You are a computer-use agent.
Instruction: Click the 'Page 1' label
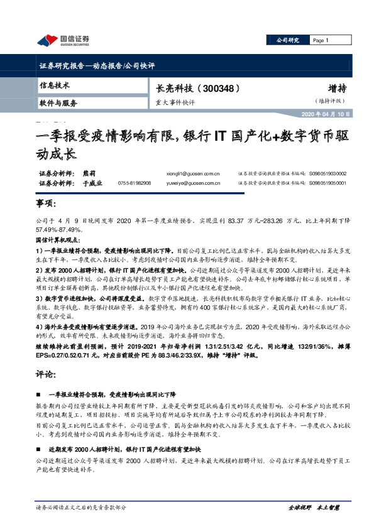321,40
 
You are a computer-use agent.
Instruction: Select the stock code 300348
217,88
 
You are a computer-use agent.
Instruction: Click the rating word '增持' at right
337,88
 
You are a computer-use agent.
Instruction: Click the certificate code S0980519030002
327,173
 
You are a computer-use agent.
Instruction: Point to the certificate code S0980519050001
327,183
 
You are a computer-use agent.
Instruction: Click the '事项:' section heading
46,205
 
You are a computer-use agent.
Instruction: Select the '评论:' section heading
46,373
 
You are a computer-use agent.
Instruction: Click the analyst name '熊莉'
89,173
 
